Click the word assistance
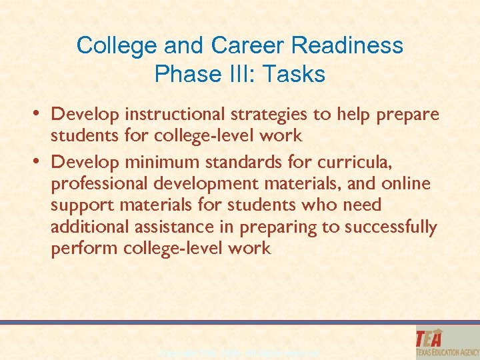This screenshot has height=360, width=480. [x=179, y=227]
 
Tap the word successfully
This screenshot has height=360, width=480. [x=391, y=227]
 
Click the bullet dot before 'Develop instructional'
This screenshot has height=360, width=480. [x=39, y=112]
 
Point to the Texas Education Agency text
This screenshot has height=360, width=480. [x=446, y=351]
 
